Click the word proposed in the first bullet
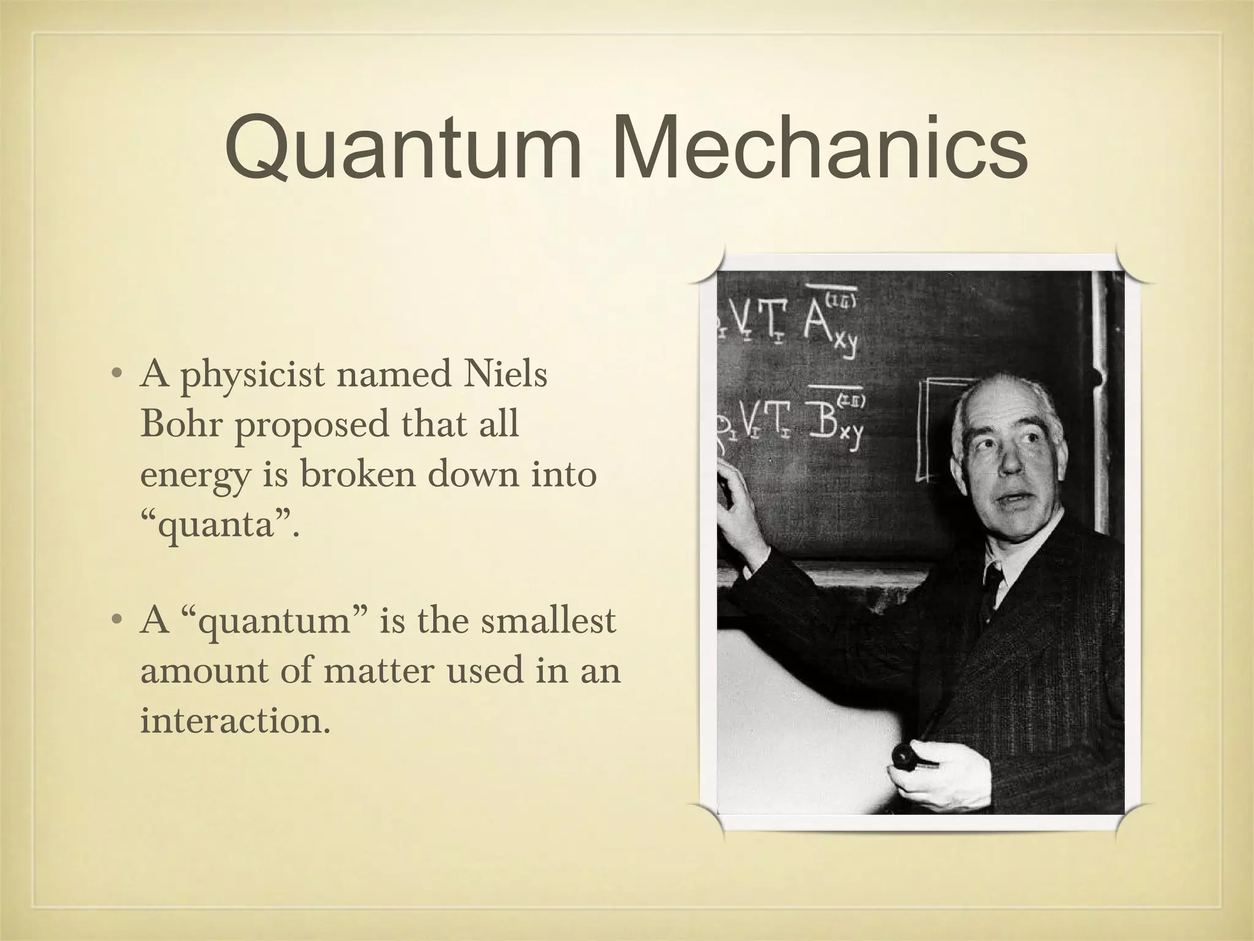tap(312, 425)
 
